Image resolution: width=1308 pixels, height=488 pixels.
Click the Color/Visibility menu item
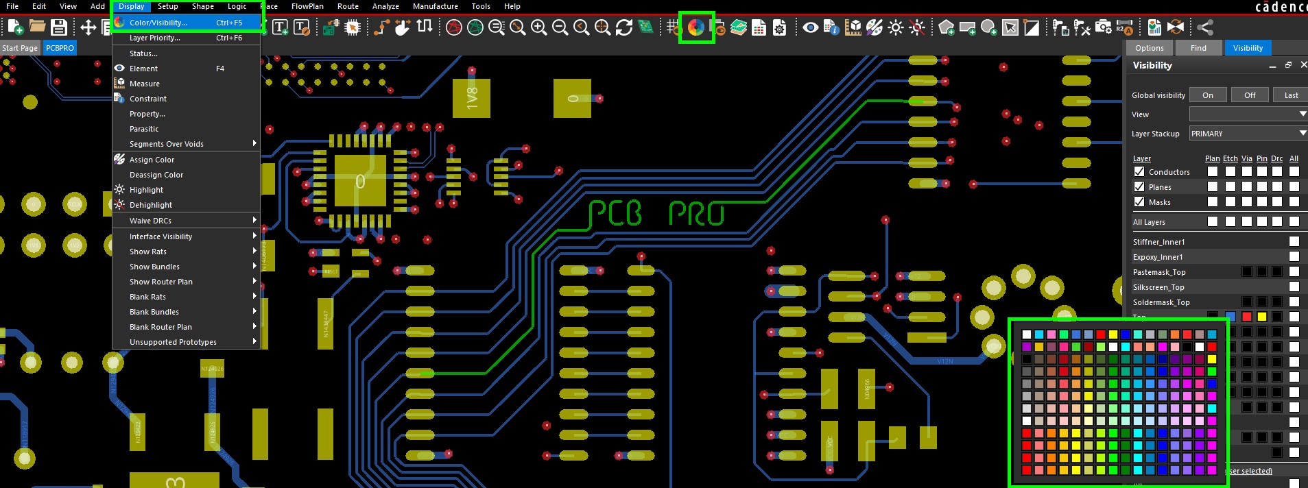pos(158,23)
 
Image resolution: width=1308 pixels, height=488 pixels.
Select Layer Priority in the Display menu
pos(154,38)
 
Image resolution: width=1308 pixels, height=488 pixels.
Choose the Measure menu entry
pos(144,84)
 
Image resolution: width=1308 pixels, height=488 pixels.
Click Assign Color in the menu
pos(152,160)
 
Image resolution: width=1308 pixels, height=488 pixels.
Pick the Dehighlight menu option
pos(150,205)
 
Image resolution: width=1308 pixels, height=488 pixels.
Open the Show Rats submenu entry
pos(147,252)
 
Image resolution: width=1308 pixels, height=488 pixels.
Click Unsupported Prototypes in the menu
pos(172,342)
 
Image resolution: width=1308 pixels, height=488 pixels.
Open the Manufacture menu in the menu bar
pos(435,6)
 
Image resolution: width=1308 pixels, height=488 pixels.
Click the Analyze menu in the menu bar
pos(385,6)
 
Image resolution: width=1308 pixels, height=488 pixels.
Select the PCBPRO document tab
pos(60,48)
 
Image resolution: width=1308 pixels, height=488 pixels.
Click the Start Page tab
pos(20,48)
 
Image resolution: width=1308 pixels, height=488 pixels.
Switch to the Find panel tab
pos(1198,48)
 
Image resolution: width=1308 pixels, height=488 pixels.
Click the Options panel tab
pos(1149,48)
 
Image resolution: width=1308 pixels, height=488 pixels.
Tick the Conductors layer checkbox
pos(1139,171)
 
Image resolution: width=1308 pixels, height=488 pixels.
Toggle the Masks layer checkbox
pos(1139,202)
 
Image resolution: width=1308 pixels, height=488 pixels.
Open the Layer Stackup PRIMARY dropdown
pos(1247,134)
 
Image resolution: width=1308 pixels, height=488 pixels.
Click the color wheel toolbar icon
pos(696,27)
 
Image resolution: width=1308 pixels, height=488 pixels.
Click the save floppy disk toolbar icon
pos(59,27)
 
